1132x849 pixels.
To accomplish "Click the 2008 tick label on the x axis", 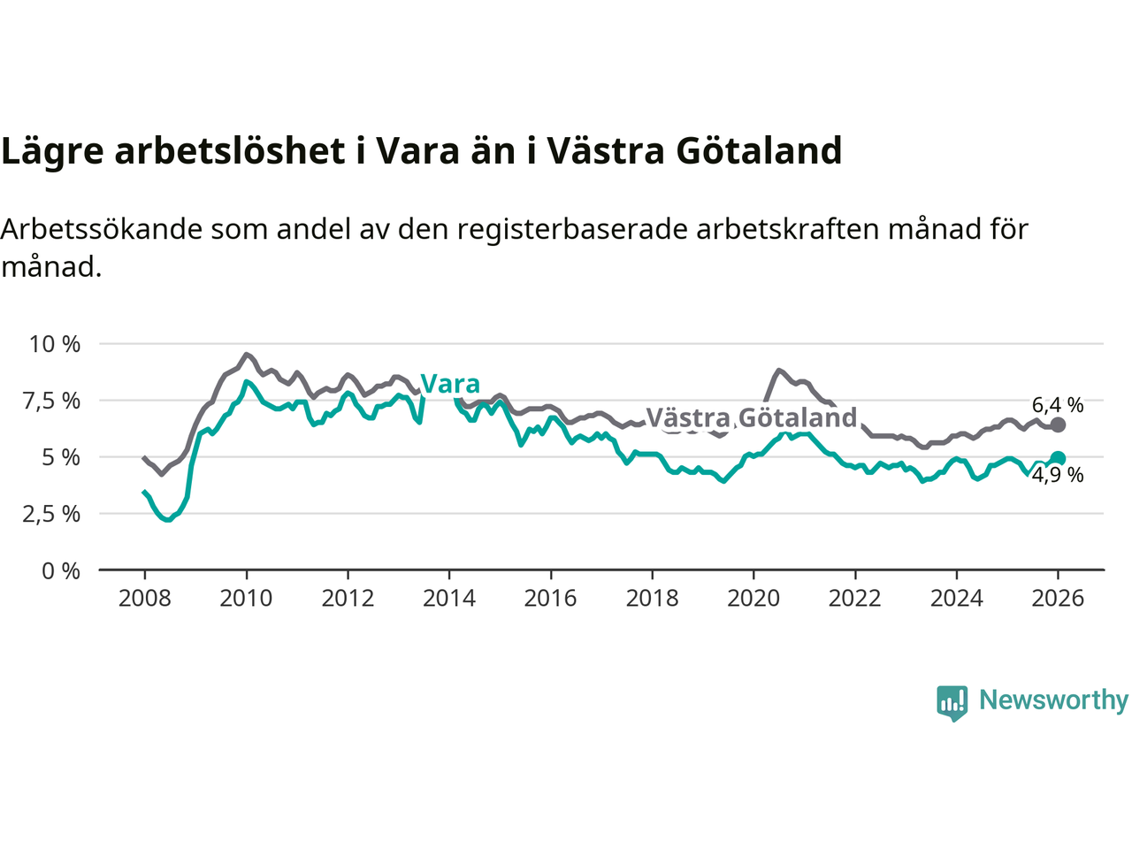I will [144, 599].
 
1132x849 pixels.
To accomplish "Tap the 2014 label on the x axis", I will [449, 599].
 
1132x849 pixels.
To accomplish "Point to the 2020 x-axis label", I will [753, 599].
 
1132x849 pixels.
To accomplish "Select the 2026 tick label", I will [1058, 599].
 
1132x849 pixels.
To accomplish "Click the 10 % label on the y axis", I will [55, 344].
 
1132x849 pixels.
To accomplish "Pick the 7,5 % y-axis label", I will [51, 401].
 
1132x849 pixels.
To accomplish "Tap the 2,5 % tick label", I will [51, 514].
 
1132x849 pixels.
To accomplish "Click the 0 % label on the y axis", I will [61, 571].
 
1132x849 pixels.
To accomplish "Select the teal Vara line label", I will [450, 384].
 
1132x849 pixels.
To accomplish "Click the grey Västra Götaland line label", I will [752, 417].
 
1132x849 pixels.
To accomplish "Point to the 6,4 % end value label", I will [1058, 405].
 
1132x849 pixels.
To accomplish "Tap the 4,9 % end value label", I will [1058, 475].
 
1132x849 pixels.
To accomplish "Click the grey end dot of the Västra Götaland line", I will [1058, 425].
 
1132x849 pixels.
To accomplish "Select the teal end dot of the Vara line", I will [1058, 458].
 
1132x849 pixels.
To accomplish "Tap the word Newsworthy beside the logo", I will [1053, 700].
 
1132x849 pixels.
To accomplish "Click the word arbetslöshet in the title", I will [230, 151].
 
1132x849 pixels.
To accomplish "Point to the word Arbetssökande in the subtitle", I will [102, 229].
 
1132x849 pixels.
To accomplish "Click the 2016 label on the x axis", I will [550, 599].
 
